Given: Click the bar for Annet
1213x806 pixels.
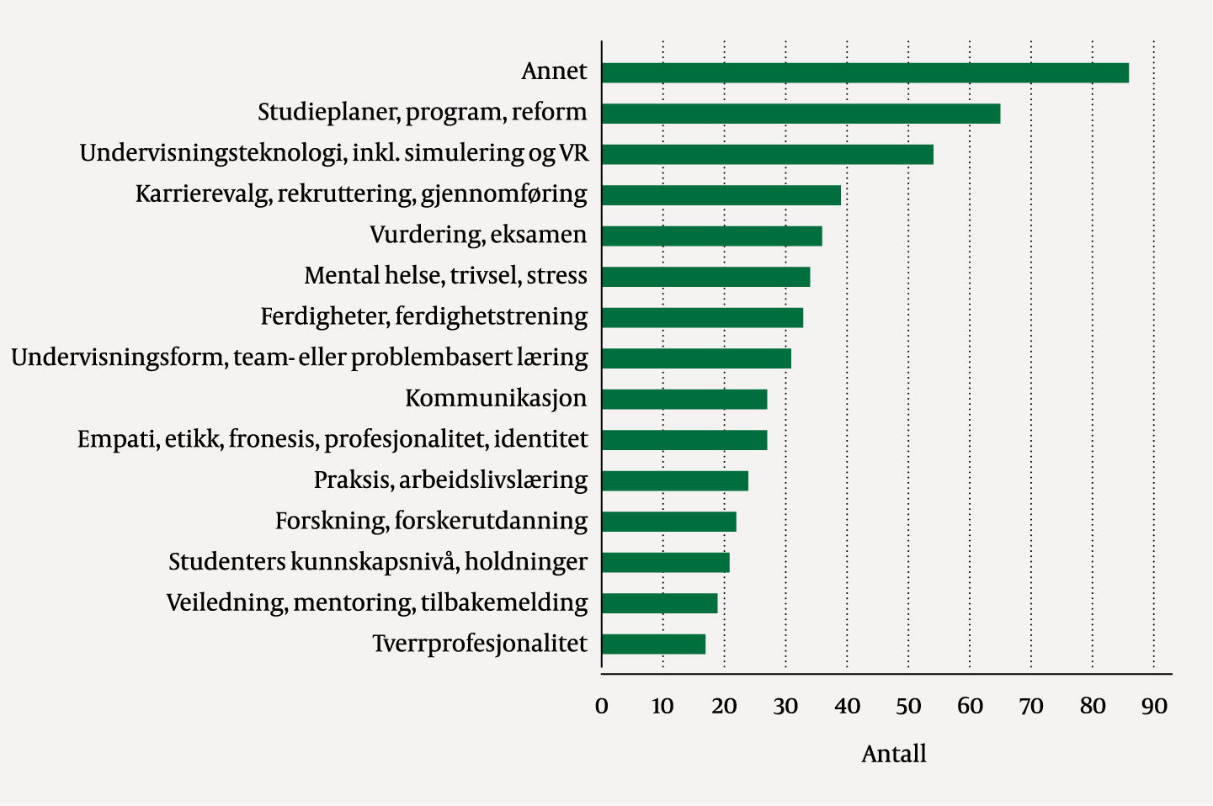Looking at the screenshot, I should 865,72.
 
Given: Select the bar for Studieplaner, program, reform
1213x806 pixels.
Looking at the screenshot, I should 801,114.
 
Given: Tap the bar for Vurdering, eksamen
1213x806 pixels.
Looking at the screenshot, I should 711,236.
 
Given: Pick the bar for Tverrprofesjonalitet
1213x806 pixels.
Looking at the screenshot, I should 653,644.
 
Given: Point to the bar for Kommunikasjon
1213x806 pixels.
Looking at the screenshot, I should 684,399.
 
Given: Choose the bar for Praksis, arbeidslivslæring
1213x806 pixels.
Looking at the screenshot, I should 675,481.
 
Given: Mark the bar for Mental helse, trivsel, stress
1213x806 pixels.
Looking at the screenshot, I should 705,277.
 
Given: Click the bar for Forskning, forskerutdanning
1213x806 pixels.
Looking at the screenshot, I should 669,522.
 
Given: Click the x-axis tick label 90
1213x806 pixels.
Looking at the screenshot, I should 1154,707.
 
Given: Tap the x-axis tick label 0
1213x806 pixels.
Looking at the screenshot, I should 601,707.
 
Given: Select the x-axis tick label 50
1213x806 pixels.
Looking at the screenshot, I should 908,707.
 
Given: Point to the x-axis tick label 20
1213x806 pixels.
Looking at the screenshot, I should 724,707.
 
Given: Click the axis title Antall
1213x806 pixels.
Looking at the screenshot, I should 893,754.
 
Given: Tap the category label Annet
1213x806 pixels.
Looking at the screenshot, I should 554,72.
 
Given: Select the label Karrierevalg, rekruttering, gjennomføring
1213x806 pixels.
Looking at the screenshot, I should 361,194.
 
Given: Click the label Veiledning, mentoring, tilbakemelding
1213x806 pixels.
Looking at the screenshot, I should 376,603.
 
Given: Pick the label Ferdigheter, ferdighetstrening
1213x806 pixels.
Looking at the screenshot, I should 423,317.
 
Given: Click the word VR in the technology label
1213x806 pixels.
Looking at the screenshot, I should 574,153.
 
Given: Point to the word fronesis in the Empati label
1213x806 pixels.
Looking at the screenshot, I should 274,440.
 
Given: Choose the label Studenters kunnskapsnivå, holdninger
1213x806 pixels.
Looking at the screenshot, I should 378,562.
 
